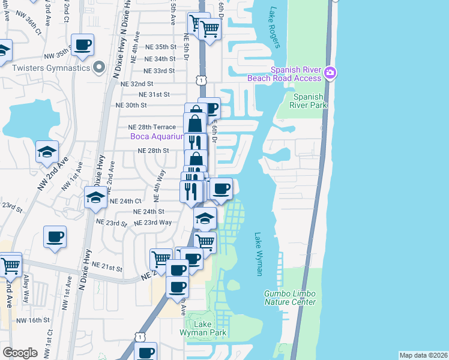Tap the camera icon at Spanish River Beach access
(x=330, y=73)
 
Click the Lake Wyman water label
(x=259, y=254)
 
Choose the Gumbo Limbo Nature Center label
(x=290, y=298)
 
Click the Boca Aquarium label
(x=157, y=136)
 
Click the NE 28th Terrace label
(x=152, y=127)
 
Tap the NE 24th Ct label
(x=125, y=201)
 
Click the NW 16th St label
(x=32, y=320)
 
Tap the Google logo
(x=20, y=353)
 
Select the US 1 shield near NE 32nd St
(x=200, y=79)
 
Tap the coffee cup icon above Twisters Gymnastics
(x=82, y=44)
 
